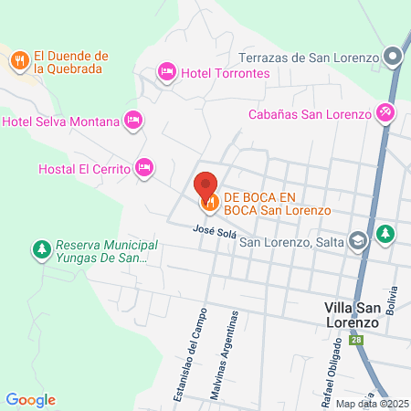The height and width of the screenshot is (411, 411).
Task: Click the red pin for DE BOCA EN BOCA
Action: (206, 182)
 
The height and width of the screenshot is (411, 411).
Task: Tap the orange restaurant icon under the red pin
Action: (210, 200)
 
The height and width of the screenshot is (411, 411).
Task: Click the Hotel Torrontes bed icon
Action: (166, 71)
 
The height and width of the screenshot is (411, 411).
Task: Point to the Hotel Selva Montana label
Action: (61, 121)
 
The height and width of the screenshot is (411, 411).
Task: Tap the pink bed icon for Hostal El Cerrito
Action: (143, 168)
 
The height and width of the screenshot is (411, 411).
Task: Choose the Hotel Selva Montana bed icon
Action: (133, 120)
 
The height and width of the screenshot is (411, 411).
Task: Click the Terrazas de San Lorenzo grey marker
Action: (393, 57)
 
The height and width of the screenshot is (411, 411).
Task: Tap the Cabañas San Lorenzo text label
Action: (311, 114)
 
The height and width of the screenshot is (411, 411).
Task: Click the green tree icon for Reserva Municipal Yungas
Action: (41, 248)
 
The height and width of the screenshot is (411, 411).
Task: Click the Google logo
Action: (30, 399)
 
